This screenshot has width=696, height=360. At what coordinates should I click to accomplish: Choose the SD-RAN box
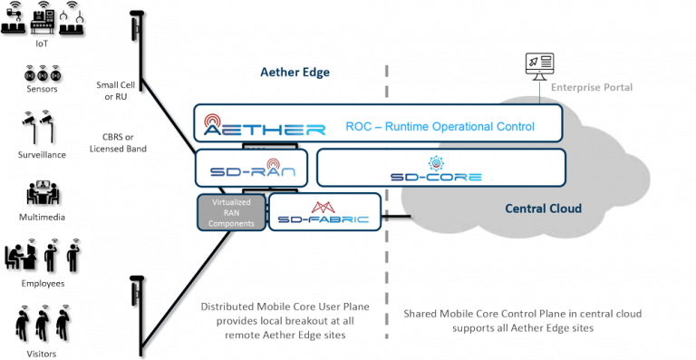(x=253, y=168)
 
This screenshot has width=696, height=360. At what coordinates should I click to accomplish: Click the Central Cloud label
(x=543, y=209)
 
